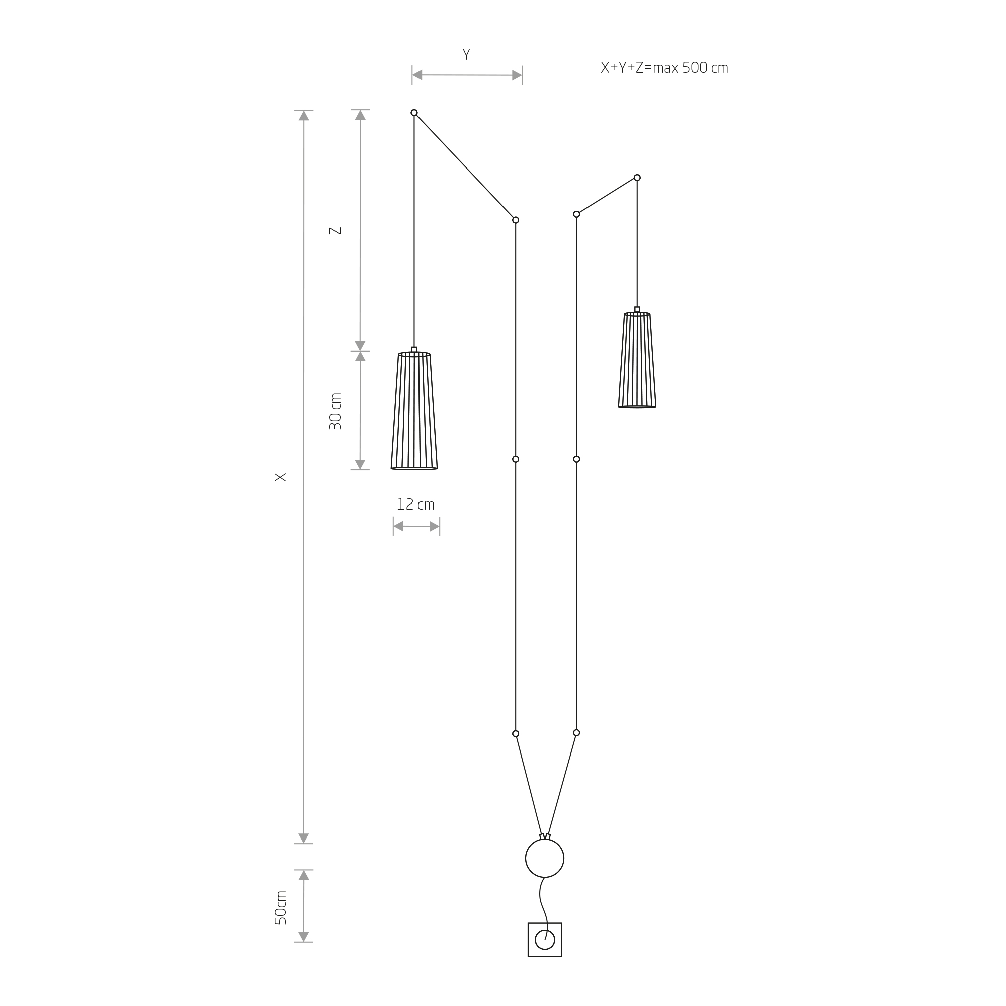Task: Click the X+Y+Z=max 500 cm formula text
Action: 664,68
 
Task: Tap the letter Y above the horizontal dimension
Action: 466,55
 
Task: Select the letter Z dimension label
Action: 336,231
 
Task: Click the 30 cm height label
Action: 336,411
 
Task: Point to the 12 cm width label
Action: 415,505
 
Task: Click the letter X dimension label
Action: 280,477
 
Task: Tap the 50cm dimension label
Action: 280,907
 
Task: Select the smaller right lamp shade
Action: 637,360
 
